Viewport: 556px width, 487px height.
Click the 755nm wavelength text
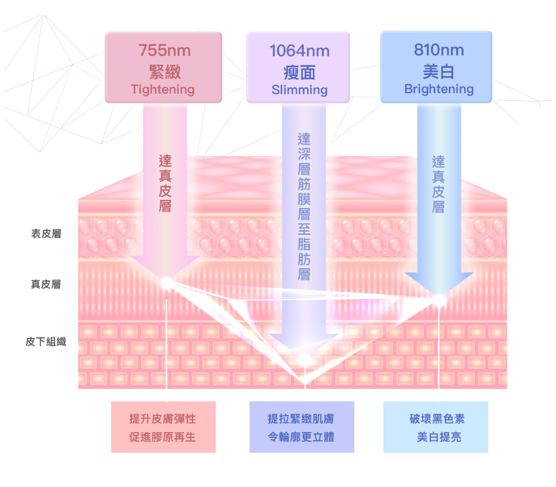[x=164, y=50]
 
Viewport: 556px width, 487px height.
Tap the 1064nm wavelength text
[x=299, y=51]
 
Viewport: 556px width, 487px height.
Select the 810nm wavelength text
[x=438, y=50]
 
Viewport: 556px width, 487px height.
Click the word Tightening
[x=163, y=90]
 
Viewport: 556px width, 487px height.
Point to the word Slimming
[x=299, y=90]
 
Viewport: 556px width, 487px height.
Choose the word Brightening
[x=438, y=89]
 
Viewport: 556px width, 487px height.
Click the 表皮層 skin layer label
[x=46, y=234]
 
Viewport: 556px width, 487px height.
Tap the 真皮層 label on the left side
[x=46, y=284]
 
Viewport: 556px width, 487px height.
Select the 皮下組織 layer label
[x=46, y=342]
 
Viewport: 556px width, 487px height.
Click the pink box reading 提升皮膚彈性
[x=163, y=427]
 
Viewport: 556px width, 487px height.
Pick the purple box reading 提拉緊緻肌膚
[x=301, y=427]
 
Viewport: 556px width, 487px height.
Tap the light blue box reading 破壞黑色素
[x=436, y=427]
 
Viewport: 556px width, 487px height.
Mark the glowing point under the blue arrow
[x=439, y=300]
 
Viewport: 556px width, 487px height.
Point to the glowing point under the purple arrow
[x=304, y=360]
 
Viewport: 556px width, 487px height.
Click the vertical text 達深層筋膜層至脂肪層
[x=304, y=206]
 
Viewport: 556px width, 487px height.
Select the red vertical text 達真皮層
[x=165, y=183]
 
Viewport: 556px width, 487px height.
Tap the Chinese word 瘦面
[x=299, y=72]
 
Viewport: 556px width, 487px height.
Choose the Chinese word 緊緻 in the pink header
[x=164, y=71]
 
